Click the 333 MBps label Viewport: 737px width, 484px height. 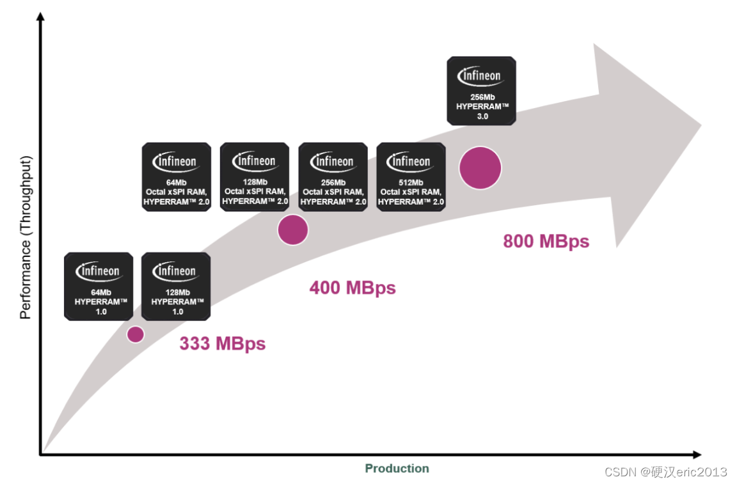point(222,343)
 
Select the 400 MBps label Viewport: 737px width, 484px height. point(353,288)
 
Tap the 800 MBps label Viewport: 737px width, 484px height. point(546,241)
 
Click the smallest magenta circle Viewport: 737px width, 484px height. point(135,334)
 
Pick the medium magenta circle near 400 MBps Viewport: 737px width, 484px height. point(293,230)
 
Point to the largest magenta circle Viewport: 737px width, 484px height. point(480,168)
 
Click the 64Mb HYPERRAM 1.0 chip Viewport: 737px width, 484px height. point(99,286)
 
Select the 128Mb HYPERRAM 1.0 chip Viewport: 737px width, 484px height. point(176,286)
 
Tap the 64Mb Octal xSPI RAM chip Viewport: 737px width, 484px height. point(176,177)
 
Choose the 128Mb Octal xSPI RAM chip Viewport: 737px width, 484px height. point(254,177)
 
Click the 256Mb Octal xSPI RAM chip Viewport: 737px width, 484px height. point(333,177)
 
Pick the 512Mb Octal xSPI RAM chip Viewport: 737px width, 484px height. point(411,177)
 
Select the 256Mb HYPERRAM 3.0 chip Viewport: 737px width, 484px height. point(481,91)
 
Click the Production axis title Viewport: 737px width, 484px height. point(397,469)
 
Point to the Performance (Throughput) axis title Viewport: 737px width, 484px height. point(25,237)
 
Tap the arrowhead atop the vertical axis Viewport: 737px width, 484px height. point(40,17)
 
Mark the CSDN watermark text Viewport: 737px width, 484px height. point(665,472)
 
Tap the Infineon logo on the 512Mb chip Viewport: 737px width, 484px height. point(411,162)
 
